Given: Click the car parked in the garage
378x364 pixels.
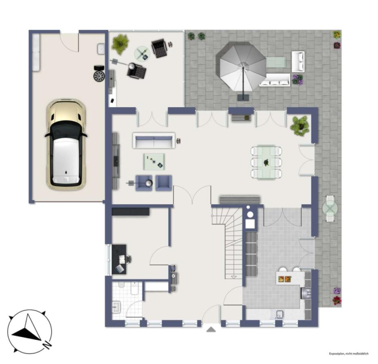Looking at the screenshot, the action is [66, 144].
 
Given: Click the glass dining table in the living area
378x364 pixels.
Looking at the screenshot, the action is [266, 162].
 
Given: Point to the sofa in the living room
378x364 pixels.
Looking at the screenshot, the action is [154, 140].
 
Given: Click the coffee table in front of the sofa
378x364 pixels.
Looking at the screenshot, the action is [154, 161].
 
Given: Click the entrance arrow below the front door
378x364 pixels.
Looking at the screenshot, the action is [211, 329].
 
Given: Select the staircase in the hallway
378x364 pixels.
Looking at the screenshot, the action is [227, 243].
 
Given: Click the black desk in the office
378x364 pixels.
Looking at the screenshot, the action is [119, 259].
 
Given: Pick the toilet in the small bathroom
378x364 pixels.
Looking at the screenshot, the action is [135, 288].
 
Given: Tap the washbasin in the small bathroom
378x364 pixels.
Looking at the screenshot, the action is [116, 307].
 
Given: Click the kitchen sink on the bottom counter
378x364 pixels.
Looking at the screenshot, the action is [280, 314].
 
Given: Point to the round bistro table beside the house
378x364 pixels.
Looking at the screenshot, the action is [330, 208].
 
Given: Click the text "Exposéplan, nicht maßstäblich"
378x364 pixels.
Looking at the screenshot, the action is [349, 353].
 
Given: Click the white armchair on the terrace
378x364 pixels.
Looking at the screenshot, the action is [298, 61].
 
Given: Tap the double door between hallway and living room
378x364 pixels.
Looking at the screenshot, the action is [192, 195].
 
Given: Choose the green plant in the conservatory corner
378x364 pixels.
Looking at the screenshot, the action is [120, 44].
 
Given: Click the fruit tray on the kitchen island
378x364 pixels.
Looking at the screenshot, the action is [285, 279].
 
